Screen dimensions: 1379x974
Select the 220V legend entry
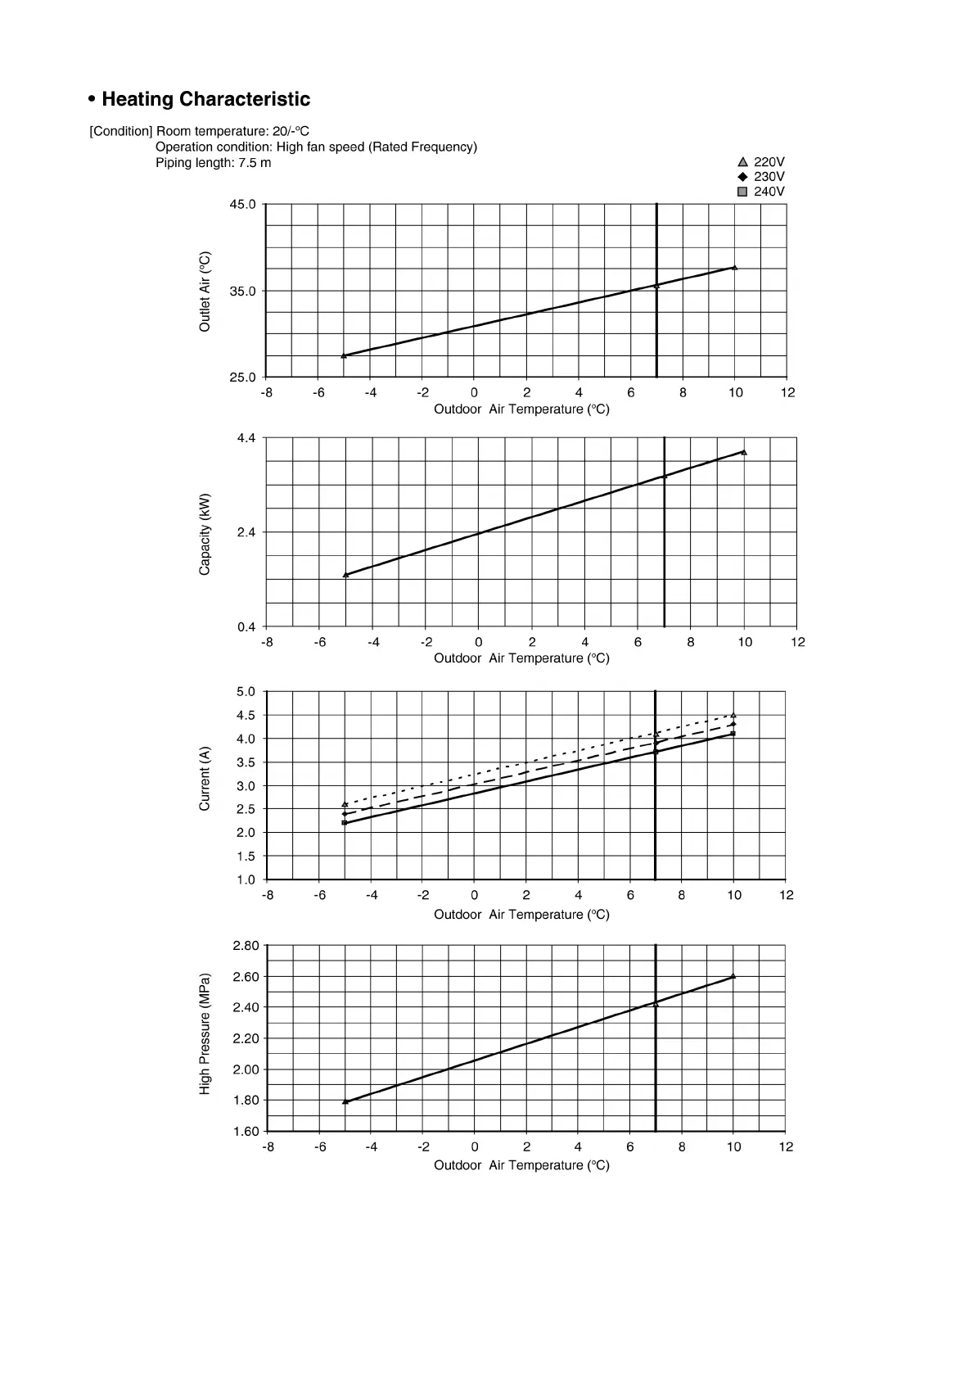(761, 162)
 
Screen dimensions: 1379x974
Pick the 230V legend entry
(761, 177)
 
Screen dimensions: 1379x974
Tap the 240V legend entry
(761, 192)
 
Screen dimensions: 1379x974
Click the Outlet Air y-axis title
(205, 292)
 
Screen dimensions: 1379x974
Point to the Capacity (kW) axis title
(205, 534)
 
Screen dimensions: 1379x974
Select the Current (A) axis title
(205, 779)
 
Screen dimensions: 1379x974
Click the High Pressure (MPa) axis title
(205, 1033)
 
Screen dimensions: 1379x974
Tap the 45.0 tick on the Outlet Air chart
(242, 204)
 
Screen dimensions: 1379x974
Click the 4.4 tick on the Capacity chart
(246, 438)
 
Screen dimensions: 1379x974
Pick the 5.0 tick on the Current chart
(246, 692)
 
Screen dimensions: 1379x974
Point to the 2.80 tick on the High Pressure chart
(246, 946)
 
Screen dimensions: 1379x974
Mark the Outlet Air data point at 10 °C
(734, 268)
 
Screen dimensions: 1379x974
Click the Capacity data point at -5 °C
(346, 575)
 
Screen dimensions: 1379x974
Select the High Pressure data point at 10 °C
(733, 976)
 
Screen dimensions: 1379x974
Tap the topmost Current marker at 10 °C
(733, 716)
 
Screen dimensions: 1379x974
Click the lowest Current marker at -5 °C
(345, 822)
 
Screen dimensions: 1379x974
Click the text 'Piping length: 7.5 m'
(213, 163)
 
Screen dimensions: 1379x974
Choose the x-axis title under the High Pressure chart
(521, 1165)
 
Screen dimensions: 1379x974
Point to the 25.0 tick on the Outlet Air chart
(242, 378)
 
